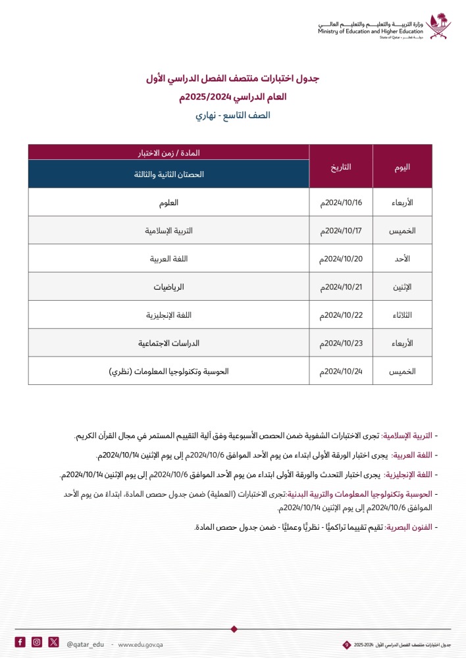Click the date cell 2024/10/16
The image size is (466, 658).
341,202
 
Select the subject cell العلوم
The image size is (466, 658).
169,202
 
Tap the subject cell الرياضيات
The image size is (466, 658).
169,287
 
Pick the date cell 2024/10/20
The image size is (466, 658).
341,259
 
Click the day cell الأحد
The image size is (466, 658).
403,259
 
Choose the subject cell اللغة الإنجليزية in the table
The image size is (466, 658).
169,315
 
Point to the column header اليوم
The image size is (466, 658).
403,166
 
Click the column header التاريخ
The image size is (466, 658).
341,166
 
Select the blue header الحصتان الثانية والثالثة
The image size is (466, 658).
169,174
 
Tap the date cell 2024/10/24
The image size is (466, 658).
341,372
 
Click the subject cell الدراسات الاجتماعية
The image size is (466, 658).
169,343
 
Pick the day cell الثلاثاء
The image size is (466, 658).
403,315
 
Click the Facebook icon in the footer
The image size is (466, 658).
20,642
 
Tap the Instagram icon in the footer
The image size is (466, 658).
37,642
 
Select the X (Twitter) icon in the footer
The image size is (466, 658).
53,642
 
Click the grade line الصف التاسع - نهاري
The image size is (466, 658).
233,114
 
